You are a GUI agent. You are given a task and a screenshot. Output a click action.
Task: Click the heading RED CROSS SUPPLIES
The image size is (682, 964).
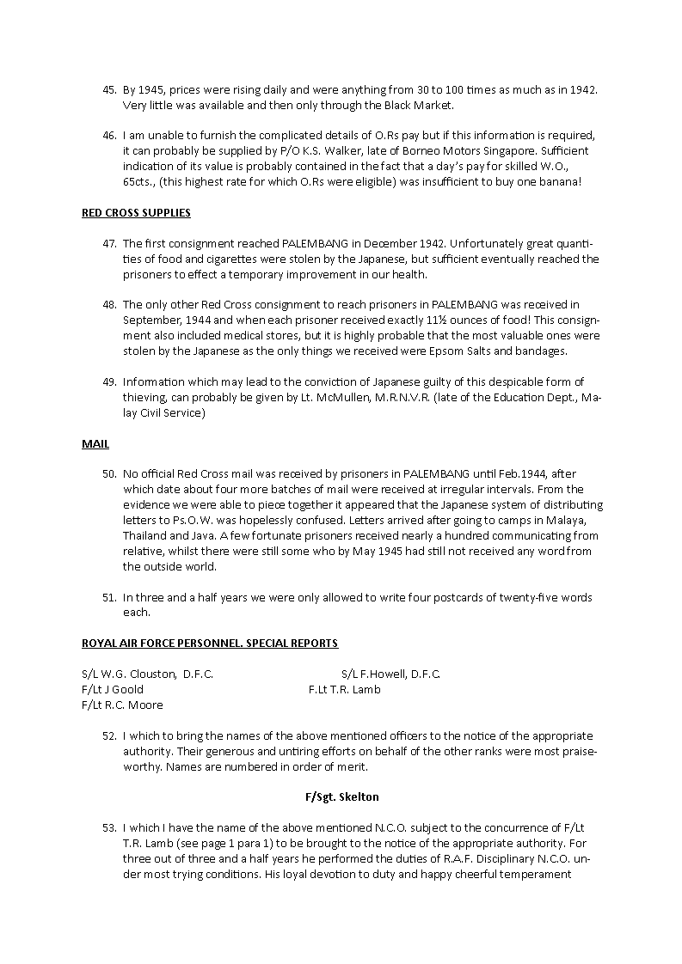click(x=136, y=212)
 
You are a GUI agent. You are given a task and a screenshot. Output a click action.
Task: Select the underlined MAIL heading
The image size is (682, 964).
click(x=95, y=443)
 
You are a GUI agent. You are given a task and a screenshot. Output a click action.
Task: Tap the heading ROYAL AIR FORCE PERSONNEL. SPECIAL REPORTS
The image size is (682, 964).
click(x=209, y=643)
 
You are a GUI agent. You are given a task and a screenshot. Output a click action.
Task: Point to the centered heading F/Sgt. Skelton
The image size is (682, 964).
click(x=341, y=796)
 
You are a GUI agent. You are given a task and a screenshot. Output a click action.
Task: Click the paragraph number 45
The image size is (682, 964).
click(x=108, y=89)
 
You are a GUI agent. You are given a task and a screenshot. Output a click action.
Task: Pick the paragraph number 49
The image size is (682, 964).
click(x=108, y=381)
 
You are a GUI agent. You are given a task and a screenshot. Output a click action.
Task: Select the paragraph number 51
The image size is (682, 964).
click(x=108, y=597)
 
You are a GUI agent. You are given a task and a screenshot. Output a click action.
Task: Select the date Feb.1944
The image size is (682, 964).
click(x=522, y=473)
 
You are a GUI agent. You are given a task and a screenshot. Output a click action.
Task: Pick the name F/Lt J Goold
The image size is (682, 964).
click(x=113, y=689)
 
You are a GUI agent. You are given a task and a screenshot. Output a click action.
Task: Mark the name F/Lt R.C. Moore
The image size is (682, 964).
click(x=122, y=705)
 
